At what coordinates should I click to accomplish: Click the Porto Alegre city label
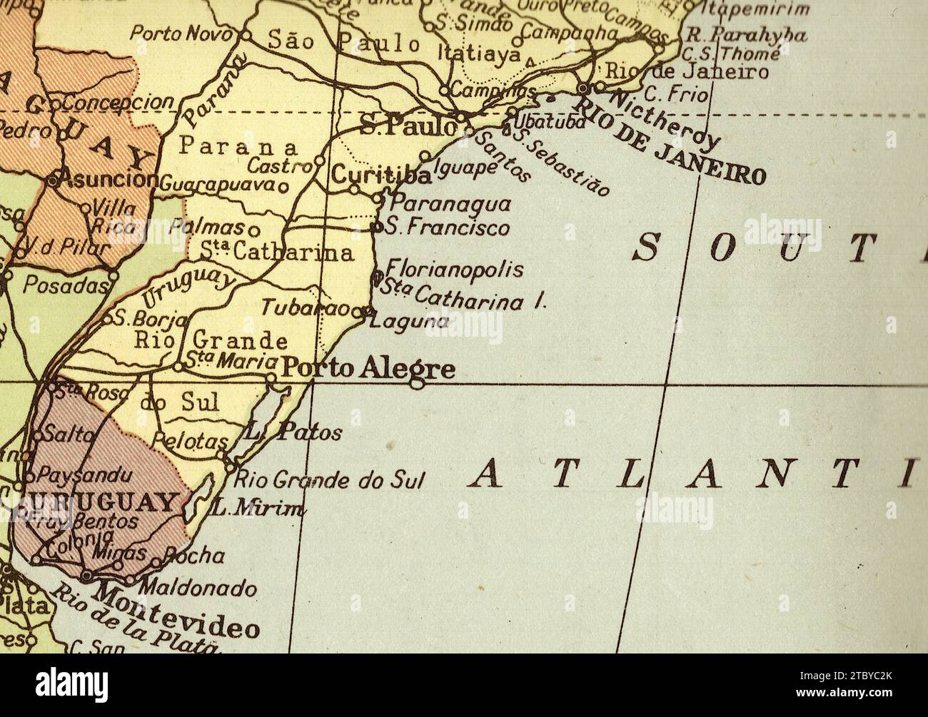point(368,368)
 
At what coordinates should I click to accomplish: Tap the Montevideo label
point(178,611)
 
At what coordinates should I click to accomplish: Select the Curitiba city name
point(381,175)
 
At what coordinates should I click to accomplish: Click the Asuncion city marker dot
point(53,180)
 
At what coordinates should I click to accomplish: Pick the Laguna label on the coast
point(410,322)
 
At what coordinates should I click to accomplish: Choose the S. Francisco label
point(448,228)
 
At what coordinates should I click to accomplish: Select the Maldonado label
point(197,589)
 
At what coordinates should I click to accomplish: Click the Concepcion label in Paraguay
point(118,102)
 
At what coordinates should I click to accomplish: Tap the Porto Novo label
point(183,34)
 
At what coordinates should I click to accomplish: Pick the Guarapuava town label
point(217,185)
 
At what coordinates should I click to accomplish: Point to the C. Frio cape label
point(675,94)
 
